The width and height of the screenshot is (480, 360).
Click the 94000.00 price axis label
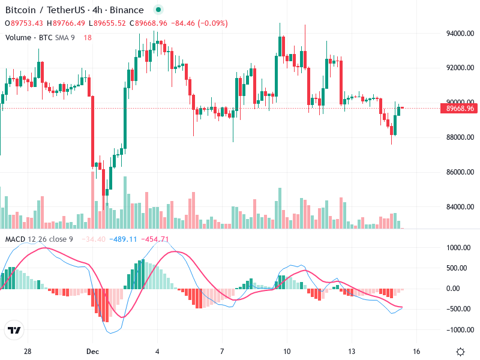[x=459, y=34]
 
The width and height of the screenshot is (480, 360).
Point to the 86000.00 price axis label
[x=459, y=172]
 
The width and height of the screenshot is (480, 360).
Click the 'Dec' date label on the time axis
[x=92, y=351]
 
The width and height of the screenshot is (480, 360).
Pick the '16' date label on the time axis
[x=416, y=351]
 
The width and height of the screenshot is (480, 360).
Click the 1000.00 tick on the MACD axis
[x=460, y=248]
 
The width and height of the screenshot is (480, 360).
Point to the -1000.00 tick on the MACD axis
[x=459, y=330]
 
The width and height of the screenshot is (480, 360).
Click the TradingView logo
[x=14, y=331]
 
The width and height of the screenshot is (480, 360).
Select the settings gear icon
[x=460, y=352]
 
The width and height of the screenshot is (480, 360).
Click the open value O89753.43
[x=24, y=23]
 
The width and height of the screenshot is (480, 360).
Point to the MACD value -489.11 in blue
[x=124, y=239]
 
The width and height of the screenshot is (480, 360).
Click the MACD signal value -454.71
[x=155, y=239]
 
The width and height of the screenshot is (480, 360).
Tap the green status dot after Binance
[x=158, y=10]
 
